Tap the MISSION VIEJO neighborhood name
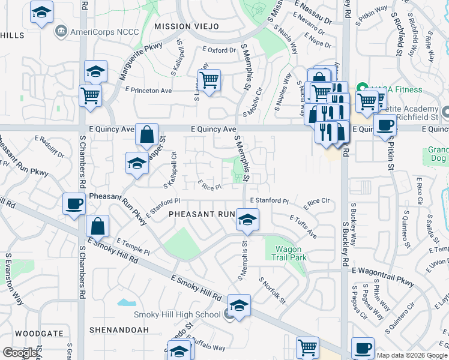(186, 26)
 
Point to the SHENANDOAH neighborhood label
(118, 330)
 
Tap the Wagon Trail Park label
(291, 253)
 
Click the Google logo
(20, 353)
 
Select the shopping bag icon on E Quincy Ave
(147, 134)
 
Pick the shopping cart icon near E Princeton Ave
(209, 80)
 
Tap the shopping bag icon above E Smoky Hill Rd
(97, 226)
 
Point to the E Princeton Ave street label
(148, 90)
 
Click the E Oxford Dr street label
(219, 50)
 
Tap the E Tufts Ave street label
(303, 227)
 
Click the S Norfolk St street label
(272, 289)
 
